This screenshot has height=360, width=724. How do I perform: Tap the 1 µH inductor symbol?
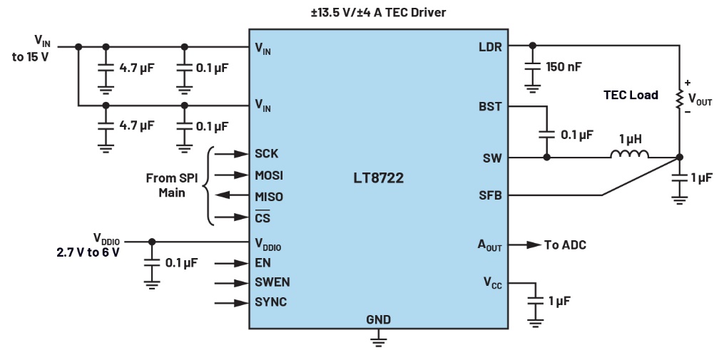coord(630,155)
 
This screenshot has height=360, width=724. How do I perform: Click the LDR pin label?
coord(490,48)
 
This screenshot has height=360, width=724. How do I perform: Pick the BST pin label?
coord(490,107)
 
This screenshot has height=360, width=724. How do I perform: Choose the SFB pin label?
coord(490,195)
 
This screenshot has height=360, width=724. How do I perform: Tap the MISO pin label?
coord(269,197)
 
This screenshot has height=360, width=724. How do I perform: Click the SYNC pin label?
coord(270,302)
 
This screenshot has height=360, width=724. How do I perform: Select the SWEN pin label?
coord(272,282)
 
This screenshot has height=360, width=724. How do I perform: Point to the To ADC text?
coord(565,245)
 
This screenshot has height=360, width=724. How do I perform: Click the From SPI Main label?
coord(171,185)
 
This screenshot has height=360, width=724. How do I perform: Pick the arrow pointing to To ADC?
coord(527,245)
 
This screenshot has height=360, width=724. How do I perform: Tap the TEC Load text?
coord(631,95)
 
